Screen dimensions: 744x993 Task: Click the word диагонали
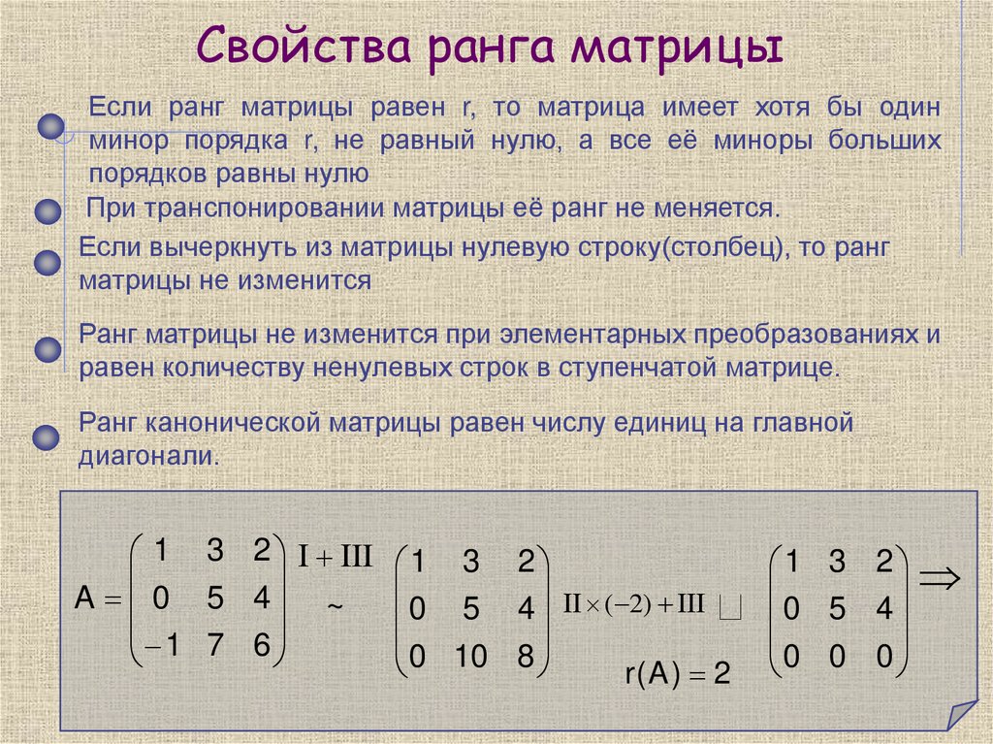[150, 456]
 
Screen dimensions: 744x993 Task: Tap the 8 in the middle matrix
[526, 658]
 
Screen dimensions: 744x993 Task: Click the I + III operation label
[334, 558]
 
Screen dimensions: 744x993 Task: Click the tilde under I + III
[335, 604]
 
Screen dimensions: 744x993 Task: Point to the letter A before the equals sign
[85, 599]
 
